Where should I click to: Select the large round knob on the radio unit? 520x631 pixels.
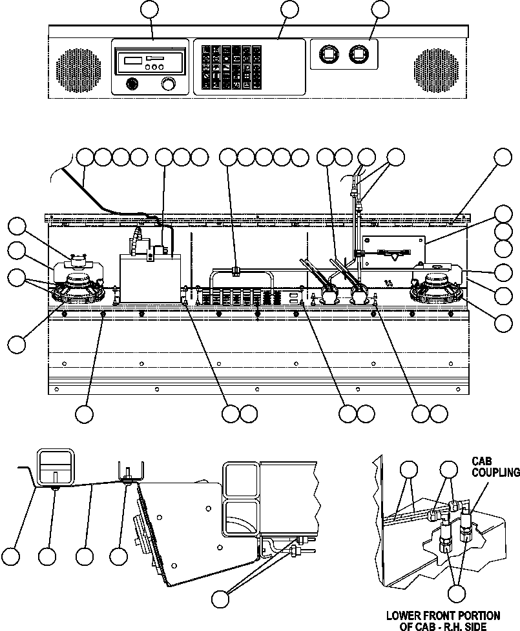(169, 85)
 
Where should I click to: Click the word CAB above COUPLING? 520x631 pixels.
(482, 461)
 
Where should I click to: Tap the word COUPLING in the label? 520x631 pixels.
(495, 472)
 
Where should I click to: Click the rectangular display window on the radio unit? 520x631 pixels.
(132, 60)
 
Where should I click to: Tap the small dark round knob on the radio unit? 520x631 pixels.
(132, 84)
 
